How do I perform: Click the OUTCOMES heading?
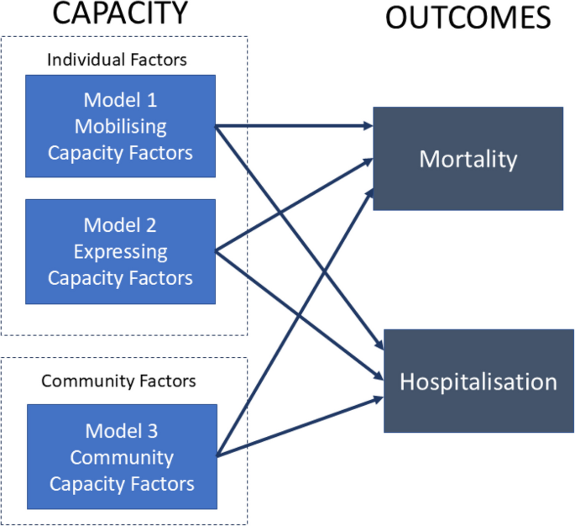(x=468, y=18)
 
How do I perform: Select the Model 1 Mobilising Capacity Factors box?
(x=120, y=126)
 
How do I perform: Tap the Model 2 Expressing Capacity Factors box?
(x=120, y=251)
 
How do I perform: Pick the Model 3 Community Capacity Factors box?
(x=122, y=457)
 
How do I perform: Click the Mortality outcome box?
(x=468, y=158)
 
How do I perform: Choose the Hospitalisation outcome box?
(x=478, y=381)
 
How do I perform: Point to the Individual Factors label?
(x=117, y=60)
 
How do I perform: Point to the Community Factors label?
(x=118, y=381)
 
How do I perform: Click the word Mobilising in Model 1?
(x=120, y=127)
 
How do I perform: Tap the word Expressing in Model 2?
(x=120, y=251)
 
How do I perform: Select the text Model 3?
(x=122, y=432)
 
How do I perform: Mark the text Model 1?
(x=120, y=101)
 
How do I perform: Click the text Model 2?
(x=120, y=225)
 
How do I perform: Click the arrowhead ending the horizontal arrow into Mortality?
(x=369, y=127)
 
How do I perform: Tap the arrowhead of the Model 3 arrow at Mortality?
(x=369, y=190)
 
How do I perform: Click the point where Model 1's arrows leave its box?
(x=217, y=127)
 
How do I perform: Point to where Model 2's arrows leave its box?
(x=217, y=250)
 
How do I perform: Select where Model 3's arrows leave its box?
(x=217, y=456)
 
